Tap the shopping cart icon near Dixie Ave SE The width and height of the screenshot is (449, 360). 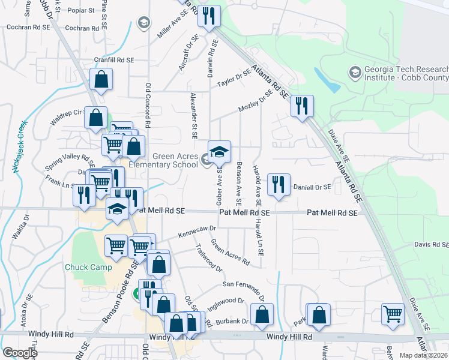click(393, 314)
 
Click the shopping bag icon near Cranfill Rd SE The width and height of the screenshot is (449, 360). click(101, 79)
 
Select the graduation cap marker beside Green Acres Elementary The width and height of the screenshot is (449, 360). click(219, 151)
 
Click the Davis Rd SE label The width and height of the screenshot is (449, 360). click(432, 245)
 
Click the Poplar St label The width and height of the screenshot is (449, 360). click(82, 11)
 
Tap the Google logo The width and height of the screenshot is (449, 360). click(20, 353)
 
